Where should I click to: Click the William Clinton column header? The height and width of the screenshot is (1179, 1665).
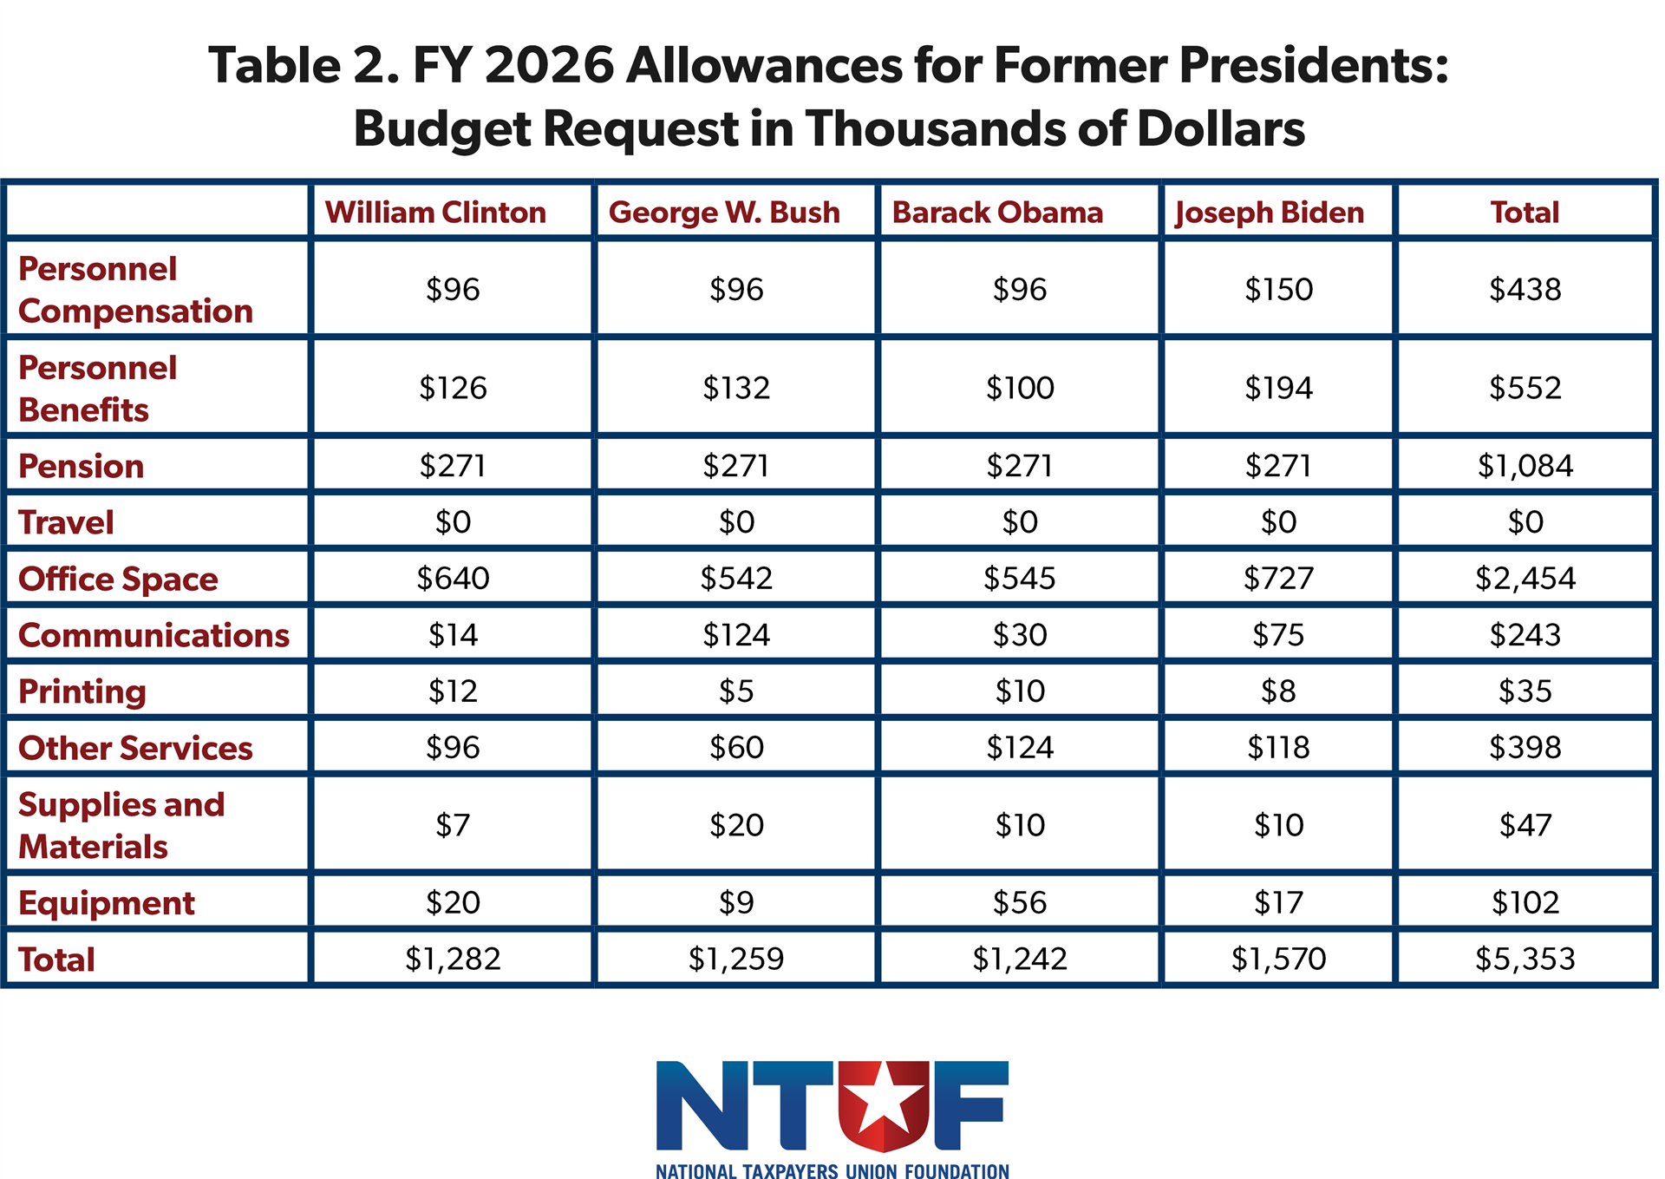(x=435, y=213)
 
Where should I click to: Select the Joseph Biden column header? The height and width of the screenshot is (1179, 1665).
(x=1270, y=213)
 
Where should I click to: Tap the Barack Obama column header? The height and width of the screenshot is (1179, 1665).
(x=997, y=213)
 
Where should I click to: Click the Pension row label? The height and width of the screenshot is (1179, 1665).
(x=82, y=467)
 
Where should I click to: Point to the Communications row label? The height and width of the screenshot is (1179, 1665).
(x=153, y=636)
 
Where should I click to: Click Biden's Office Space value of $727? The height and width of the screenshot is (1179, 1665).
(x=1278, y=579)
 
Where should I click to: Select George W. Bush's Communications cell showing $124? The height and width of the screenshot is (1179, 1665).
(x=736, y=636)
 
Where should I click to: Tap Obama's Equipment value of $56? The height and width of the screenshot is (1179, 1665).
(x=1020, y=903)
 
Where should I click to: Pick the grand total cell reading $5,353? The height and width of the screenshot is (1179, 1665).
(x=1525, y=960)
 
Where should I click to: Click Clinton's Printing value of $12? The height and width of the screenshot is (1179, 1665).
(x=453, y=691)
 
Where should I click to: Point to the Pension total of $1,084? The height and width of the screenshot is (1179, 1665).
(x=1525, y=467)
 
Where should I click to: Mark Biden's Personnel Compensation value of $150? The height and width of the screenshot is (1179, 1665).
(x=1278, y=290)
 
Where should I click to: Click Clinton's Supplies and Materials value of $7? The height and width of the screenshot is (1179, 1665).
(x=453, y=825)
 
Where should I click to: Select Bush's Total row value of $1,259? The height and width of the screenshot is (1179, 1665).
(x=736, y=960)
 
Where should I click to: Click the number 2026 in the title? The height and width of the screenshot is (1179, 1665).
(x=549, y=66)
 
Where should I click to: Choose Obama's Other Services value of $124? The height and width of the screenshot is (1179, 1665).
(x=1020, y=748)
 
